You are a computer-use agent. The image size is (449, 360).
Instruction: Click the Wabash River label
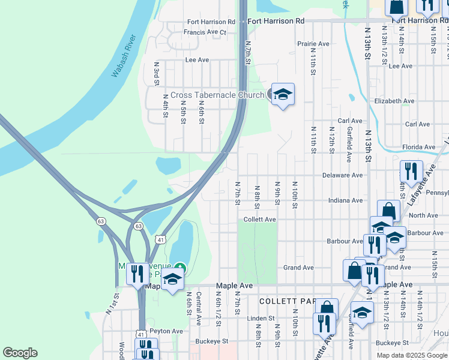click(124, 57)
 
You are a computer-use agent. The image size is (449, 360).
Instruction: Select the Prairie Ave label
click(314, 44)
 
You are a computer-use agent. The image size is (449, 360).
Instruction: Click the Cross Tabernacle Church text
click(217, 95)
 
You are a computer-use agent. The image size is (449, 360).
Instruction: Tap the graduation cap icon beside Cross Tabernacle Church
click(283, 95)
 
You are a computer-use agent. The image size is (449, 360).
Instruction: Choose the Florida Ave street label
click(418, 147)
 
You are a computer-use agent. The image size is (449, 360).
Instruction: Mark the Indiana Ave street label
click(345, 200)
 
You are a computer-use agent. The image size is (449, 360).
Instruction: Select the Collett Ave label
click(259, 220)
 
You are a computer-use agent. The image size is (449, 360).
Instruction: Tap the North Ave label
click(423, 215)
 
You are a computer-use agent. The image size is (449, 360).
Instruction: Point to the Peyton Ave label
click(166, 331)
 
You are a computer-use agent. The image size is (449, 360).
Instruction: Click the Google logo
click(20, 353)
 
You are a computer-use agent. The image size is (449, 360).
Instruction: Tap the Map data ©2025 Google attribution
click(412, 355)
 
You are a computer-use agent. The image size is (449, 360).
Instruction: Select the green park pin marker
click(180, 268)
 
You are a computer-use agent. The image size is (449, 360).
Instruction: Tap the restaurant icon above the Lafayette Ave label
click(411, 172)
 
